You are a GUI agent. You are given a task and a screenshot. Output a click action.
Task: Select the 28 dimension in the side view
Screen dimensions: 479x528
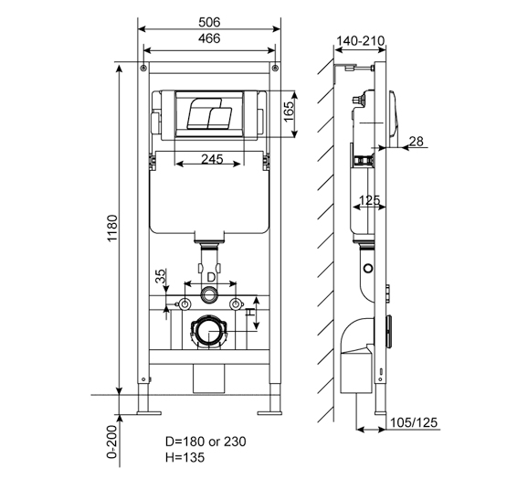tap(417, 140)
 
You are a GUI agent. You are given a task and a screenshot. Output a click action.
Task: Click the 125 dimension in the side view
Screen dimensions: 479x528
tap(369, 200)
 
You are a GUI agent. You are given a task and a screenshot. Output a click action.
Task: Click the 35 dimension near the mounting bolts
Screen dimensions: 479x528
tap(161, 279)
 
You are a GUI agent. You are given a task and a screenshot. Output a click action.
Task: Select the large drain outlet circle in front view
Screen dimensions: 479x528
tap(209, 333)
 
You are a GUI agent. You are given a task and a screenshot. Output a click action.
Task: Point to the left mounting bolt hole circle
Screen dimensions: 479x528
tap(184, 303)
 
